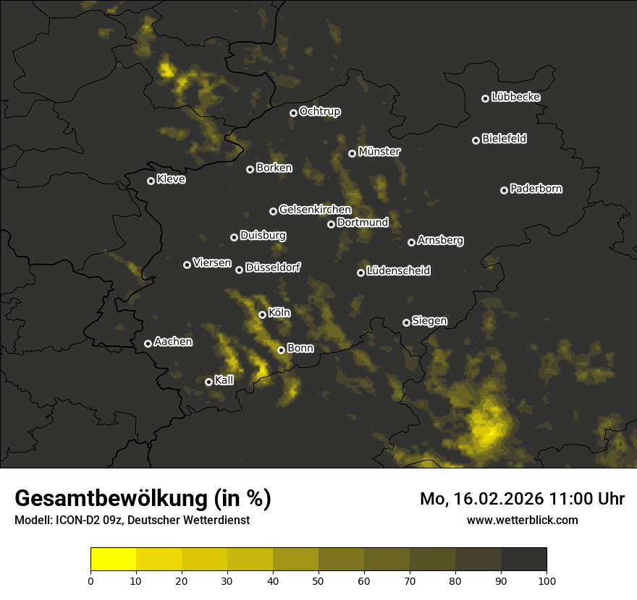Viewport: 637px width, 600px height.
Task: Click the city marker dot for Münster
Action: pyautogui.click(x=353, y=153)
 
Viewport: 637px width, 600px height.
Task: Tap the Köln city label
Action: pyautogui.click(x=279, y=313)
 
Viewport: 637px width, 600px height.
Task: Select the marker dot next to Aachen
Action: pyautogui.click(x=148, y=343)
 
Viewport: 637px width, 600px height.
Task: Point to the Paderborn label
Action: pyautogui.click(x=536, y=189)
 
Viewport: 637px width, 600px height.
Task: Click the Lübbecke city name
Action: pyautogui.click(x=515, y=97)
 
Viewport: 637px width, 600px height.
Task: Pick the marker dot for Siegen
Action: pyautogui.click(x=406, y=322)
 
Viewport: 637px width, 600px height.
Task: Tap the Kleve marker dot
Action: pyautogui.click(x=151, y=181)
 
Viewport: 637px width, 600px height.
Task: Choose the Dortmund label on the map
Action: pyautogui.click(x=363, y=223)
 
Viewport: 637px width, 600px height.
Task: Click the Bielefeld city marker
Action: pyautogui.click(x=476, y=140)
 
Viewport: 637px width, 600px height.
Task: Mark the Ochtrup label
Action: pyautogui.click(x=319, y=111)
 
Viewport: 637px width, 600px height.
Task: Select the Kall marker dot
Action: pyautogui.click(x=208, y=382)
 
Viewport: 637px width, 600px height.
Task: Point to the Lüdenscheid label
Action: pyautogui.click(x=398, y=271)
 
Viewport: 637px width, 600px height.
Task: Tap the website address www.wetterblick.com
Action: pyautogui.click(x=523, y=520)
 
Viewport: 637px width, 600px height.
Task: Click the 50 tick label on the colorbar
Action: pyautogui.click(x=318, y=580)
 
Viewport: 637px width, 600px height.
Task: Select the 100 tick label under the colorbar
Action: pyautogui.click(x=547, y=580)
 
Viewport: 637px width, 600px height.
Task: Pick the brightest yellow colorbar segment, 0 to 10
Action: pyautogui.click(x=114, y=559)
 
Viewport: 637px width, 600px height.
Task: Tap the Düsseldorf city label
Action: pyautogui.click(x=273, y=267)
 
